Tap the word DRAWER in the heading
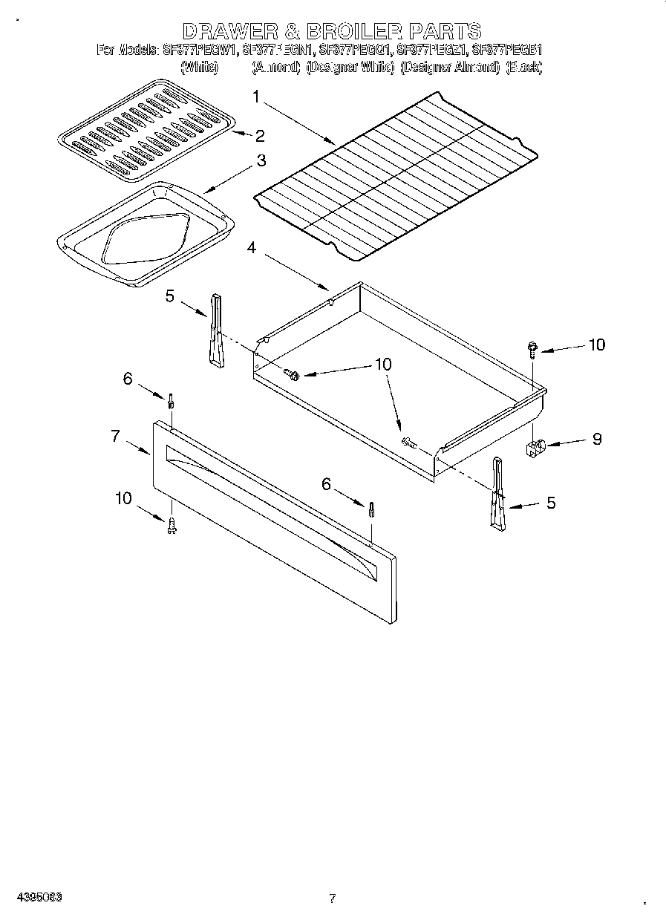click(x=227, y=31)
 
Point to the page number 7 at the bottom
click(x=333, y=898)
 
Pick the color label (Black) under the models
click(x=524, y=67)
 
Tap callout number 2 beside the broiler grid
click(x=259, y=135)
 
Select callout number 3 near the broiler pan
click(x=261, y=160)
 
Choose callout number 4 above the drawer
click(x=252, y=248)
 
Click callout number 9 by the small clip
click(x=596, y=439)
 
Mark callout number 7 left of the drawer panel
click(x=115, y=436)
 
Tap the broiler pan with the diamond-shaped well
click(x=146, y=234)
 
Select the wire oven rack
click(x=395, y=178)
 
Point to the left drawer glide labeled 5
click(x=215, y=330)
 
